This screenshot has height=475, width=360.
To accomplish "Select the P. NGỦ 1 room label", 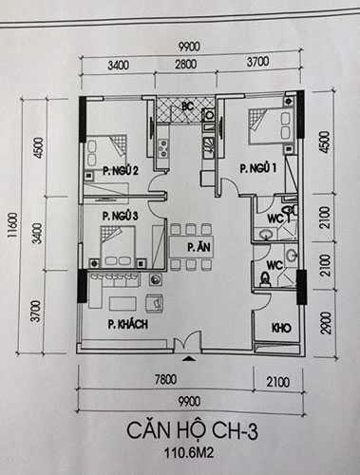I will pos(257,168).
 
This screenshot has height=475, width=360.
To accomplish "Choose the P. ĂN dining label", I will pos(198,247).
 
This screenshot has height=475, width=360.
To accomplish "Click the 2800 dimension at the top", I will pos(186,66).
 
